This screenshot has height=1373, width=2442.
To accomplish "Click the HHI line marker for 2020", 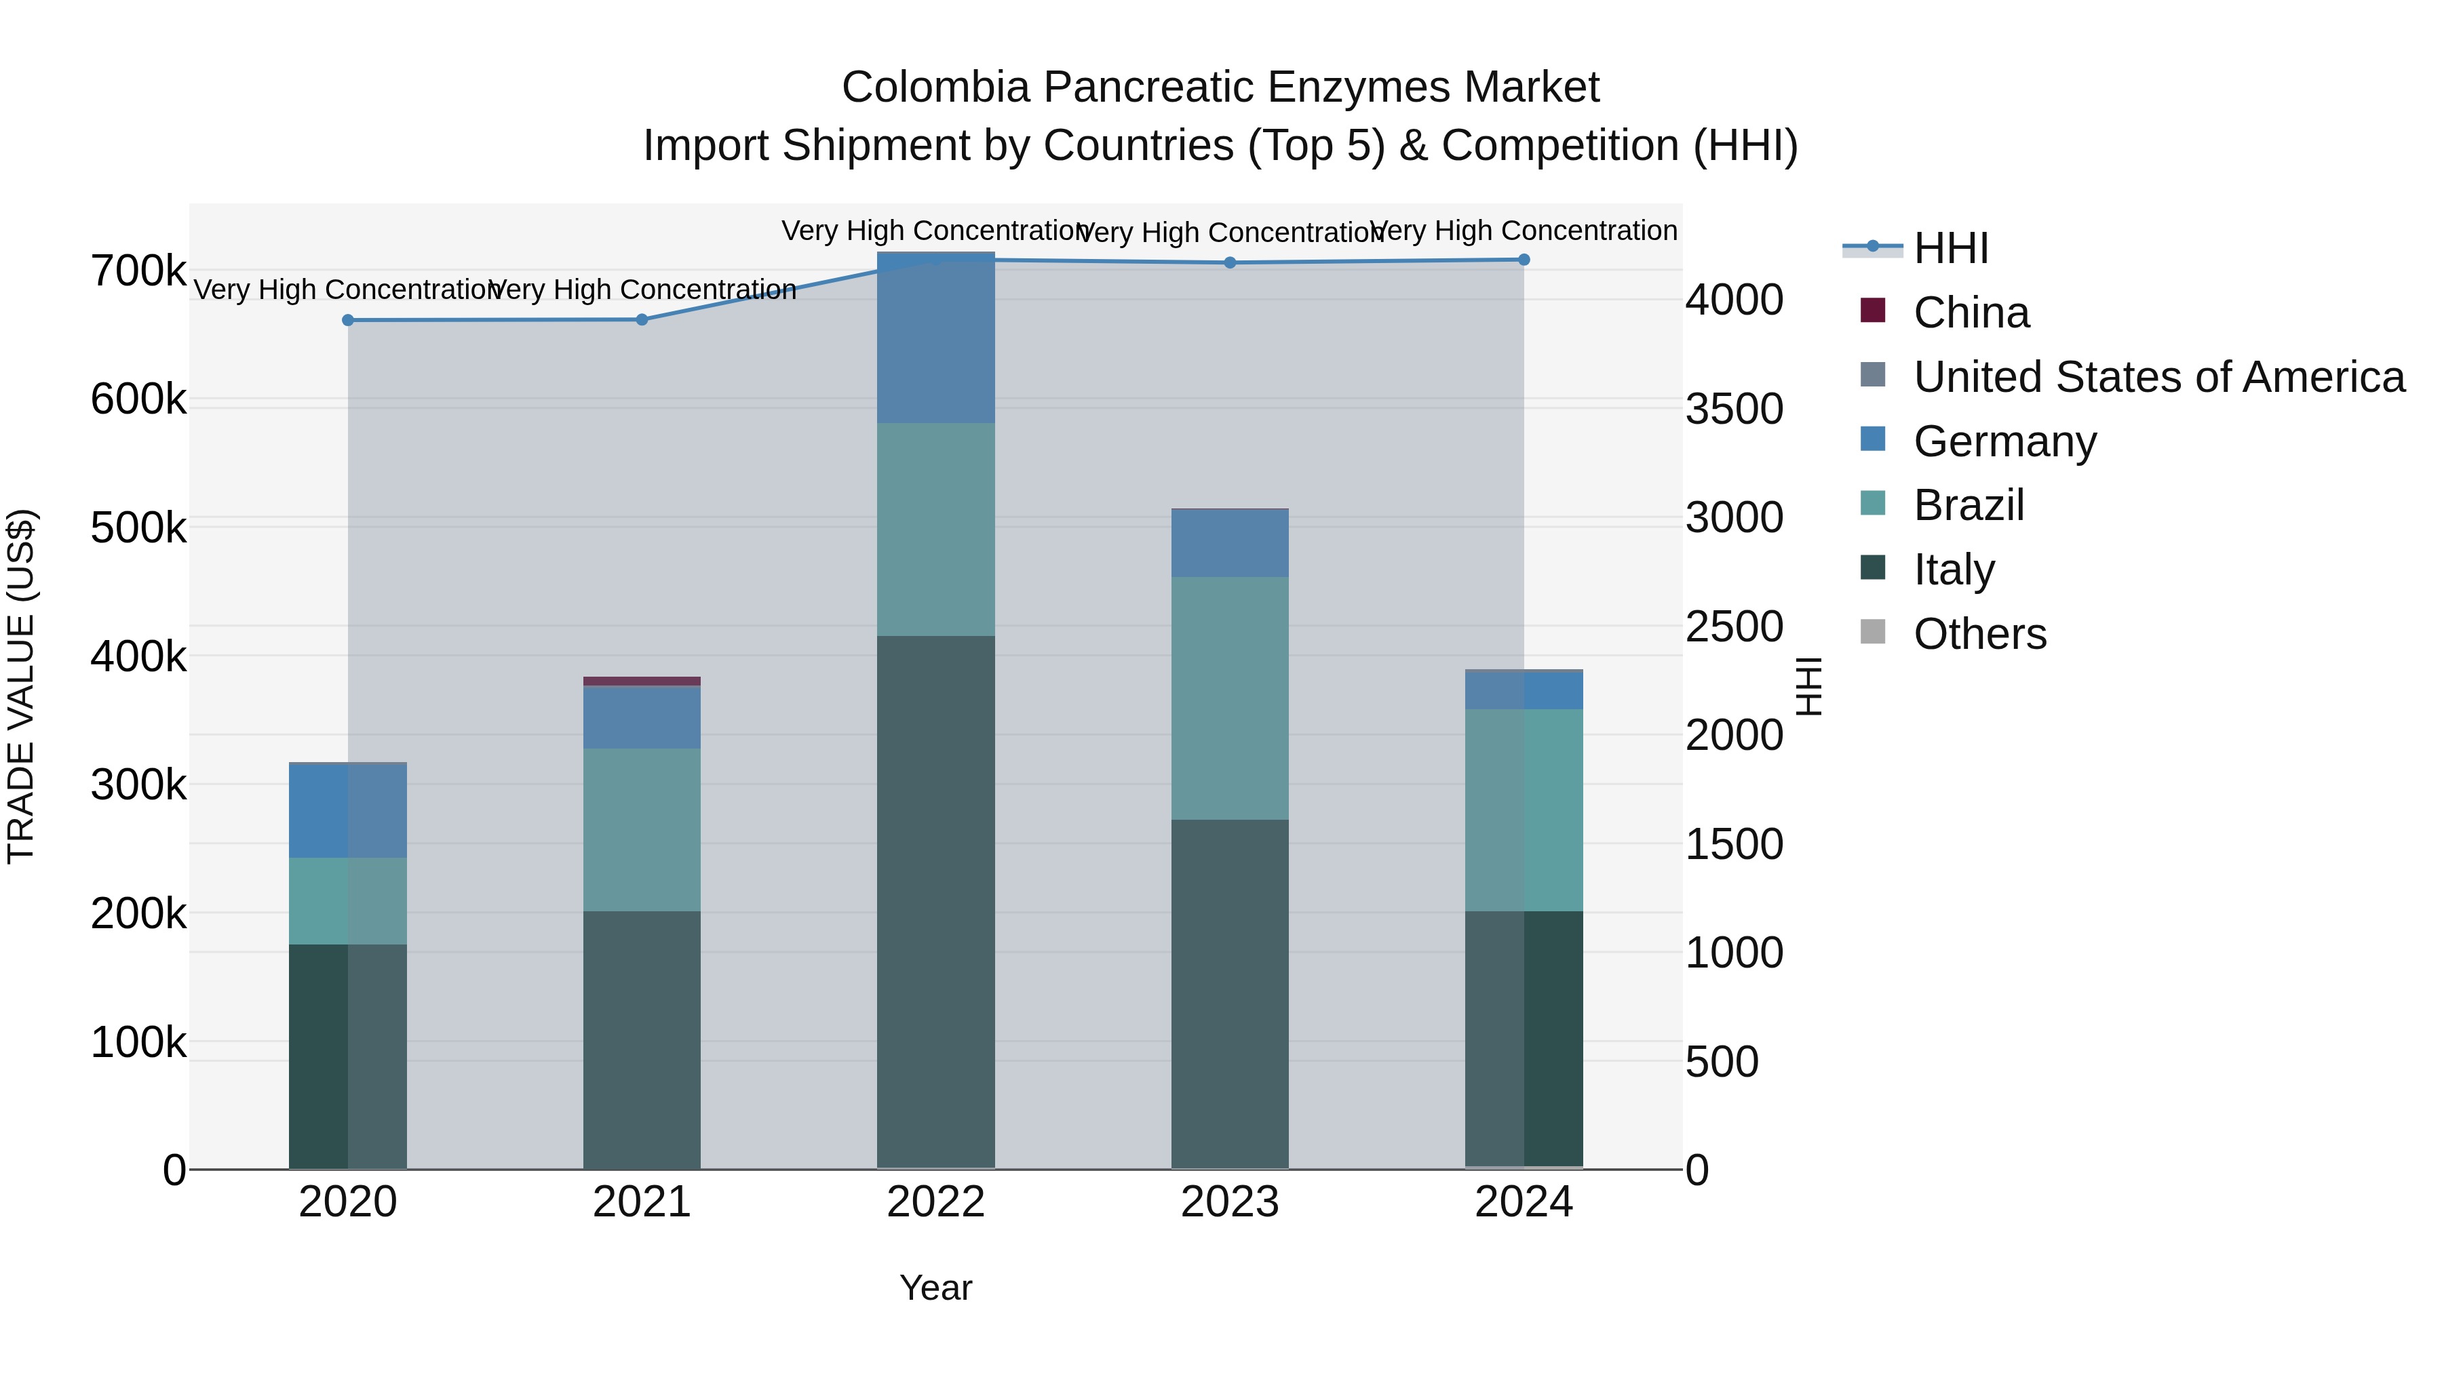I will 348,320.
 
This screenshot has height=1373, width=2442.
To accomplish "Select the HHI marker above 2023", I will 1230,262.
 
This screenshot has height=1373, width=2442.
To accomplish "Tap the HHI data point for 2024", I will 1524,260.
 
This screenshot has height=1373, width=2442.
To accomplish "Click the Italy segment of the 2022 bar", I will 935,900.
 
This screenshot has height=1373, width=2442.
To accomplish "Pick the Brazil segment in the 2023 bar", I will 1230,698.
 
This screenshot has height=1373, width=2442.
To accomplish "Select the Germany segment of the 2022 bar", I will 935,338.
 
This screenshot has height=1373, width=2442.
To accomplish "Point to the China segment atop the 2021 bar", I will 642,680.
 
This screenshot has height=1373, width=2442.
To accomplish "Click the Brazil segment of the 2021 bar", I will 642,829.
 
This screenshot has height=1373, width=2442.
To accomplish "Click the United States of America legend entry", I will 2158,377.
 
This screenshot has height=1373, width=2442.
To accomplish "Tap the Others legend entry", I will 1979,634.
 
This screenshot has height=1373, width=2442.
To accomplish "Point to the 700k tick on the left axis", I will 138,271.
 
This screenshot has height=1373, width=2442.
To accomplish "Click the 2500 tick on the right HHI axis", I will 1733,626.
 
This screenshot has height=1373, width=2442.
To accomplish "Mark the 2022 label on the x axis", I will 935,1202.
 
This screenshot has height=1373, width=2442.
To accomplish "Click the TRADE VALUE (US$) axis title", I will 21,686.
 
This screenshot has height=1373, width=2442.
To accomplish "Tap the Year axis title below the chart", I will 935,1288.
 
